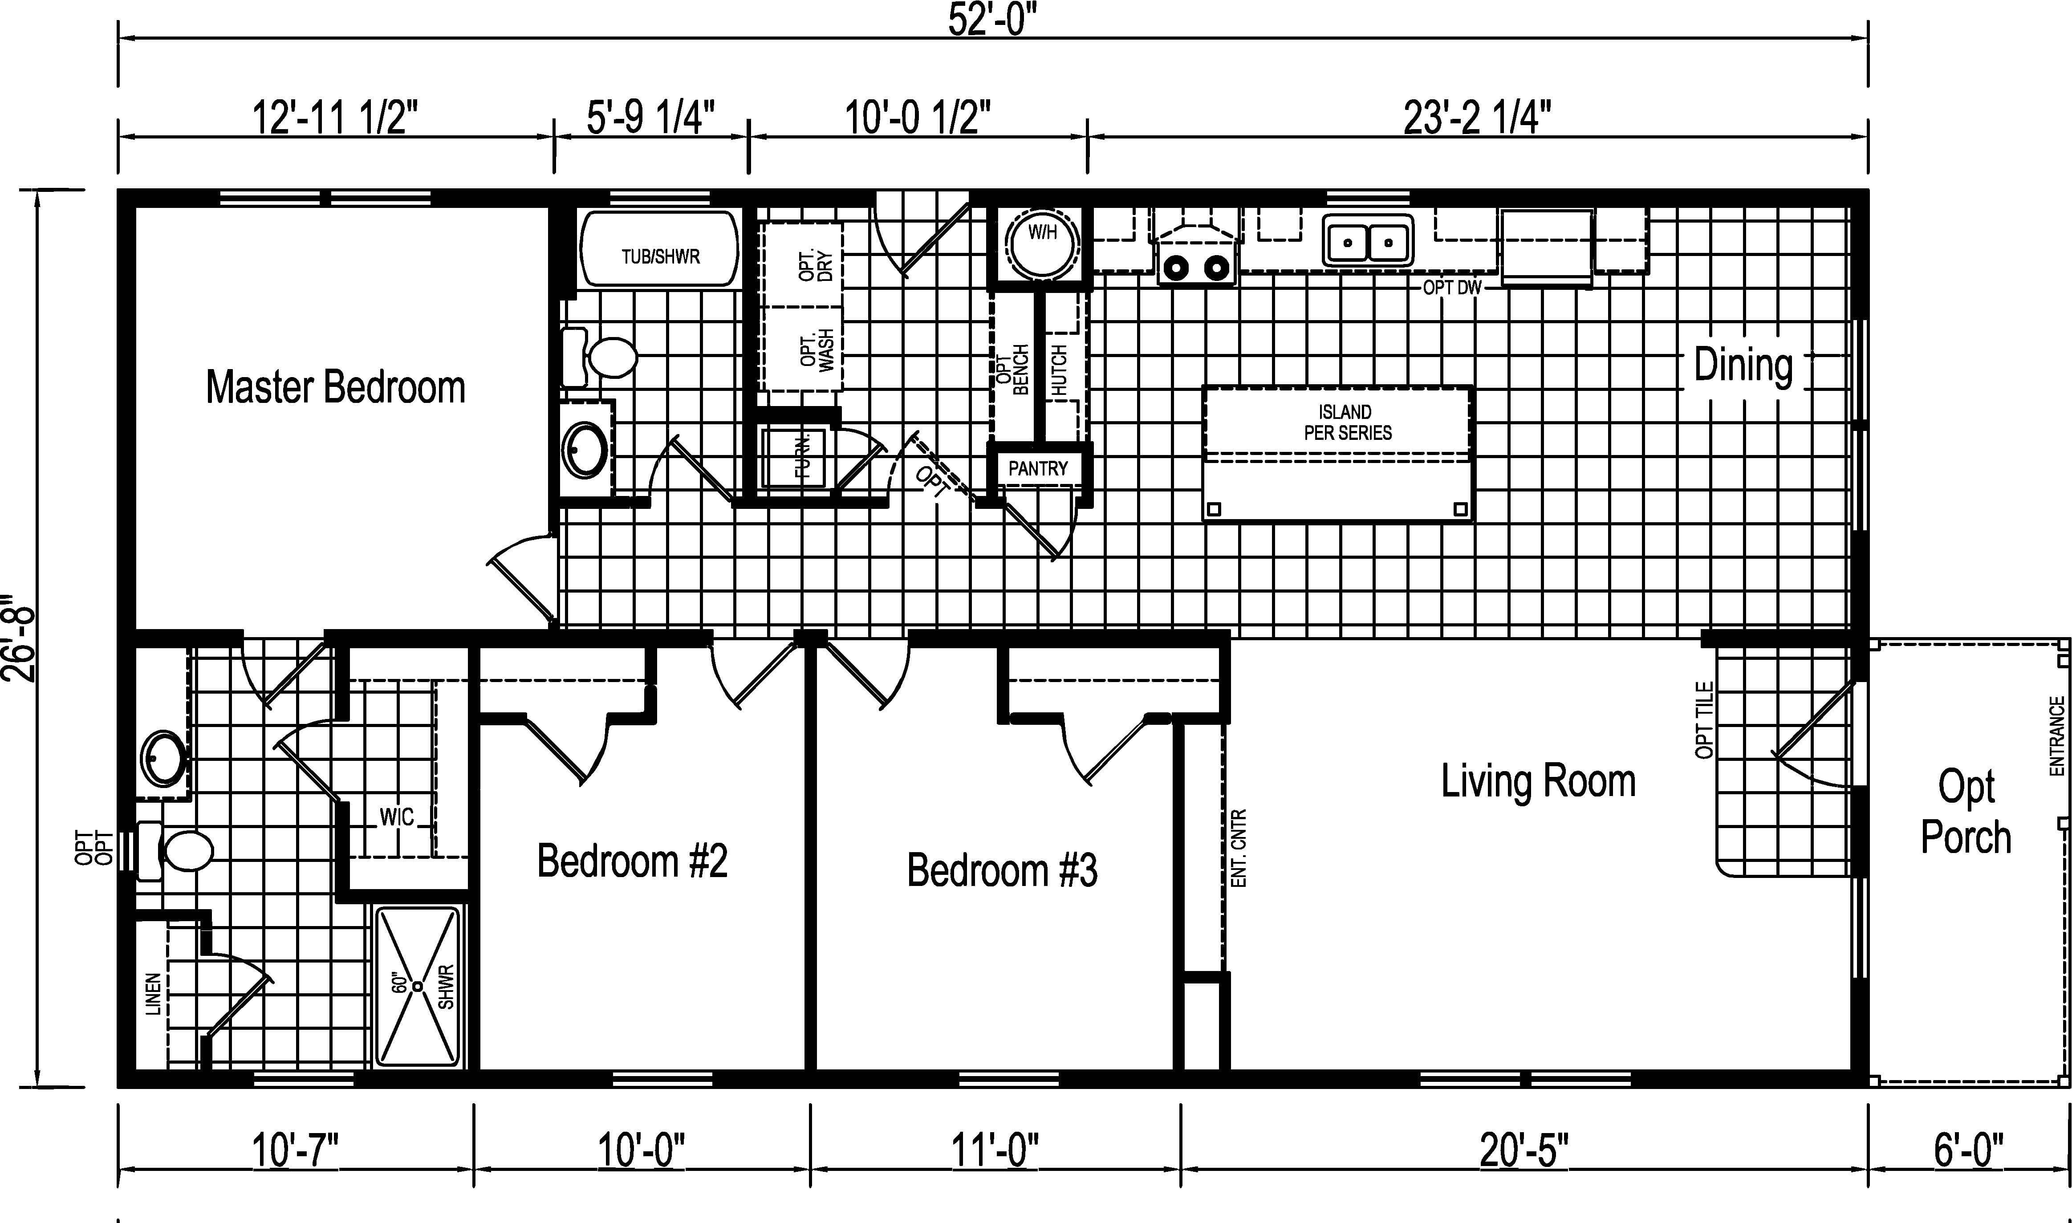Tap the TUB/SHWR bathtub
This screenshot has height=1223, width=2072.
click(660, 249)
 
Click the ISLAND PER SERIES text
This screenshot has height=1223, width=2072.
click(1347, 422)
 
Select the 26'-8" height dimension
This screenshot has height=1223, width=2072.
click(20, 639)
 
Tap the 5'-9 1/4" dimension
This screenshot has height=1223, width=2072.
click(651, 117)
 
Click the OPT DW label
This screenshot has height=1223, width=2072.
click(1452, 288)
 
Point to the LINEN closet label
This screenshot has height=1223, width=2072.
click(153, 1005)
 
